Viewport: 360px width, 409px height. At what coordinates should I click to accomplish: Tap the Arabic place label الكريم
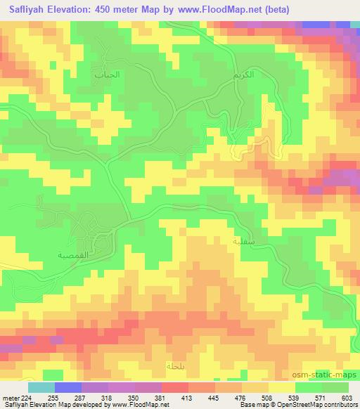pyautogui.click(x=241, y=74)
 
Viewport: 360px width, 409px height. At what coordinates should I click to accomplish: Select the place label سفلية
pyautogui.click(x=241, y=240)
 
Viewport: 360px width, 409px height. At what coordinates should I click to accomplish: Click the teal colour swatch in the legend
pyautogui.click(x=41, y=387)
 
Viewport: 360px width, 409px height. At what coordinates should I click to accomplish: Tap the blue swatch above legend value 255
pyautogui.click(x=68, y=387)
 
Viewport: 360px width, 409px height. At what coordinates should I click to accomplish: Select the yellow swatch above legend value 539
pyautogui.click(x=281, y=387)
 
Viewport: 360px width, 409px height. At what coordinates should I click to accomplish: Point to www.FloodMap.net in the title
pyautogui.click(x=215, y=9)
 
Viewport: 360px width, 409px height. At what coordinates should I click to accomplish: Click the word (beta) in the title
pyautogui.click(x=274, y=9)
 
